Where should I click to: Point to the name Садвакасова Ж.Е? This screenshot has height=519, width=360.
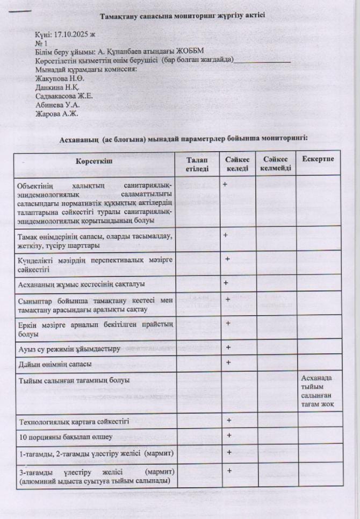coord(64,96)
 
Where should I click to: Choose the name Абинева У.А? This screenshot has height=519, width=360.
coord(57,105)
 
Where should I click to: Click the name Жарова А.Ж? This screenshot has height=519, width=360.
coord(56,113)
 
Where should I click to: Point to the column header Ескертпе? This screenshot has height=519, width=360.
coord(318,160)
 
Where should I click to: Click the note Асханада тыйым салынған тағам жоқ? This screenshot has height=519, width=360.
coord(318,391)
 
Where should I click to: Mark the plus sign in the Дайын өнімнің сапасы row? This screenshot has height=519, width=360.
coord(228,362)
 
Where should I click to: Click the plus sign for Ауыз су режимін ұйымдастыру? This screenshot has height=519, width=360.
coord(228,347)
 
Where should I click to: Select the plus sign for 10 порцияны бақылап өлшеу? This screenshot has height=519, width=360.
coord(228,435)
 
